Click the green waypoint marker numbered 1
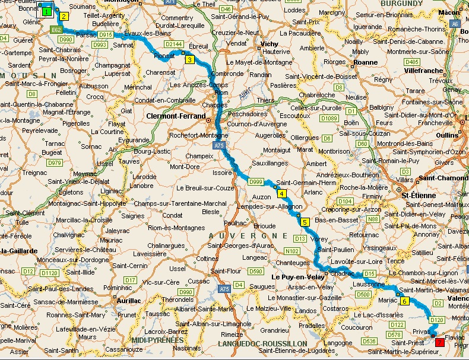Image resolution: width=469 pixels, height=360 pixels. (x=46, y=11)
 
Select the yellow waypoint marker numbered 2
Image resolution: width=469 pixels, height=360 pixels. (x=64, y=17)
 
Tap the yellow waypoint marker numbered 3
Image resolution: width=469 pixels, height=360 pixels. (x=189, y=59)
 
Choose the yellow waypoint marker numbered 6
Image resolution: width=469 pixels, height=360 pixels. (x=404, y=301)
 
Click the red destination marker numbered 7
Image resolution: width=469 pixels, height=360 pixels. (x=439, y=342)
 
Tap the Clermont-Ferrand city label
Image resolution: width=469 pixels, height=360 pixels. (x=176, y=116)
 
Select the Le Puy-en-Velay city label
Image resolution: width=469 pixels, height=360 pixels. (x=297, y=276)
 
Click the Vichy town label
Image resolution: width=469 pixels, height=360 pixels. (x=269, y=44)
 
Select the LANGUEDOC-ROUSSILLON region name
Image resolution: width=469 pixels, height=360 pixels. (x=262, y=343)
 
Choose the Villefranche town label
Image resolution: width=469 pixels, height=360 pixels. (x=424, y=70)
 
